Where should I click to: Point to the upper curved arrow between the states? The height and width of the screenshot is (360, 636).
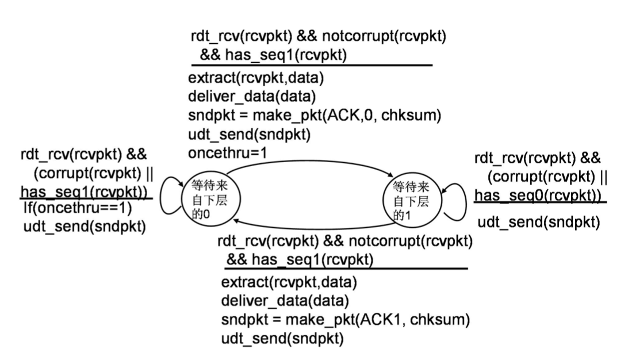(x=311, y=161)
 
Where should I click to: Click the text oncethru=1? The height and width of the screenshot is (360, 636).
(x=228, y=153)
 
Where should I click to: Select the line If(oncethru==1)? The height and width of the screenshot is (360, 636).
(x=78, y=208)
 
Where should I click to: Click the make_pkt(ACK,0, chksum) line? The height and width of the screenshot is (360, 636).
(x=315, y=115)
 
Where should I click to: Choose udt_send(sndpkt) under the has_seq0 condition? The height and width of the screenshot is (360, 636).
(x=539, y=222)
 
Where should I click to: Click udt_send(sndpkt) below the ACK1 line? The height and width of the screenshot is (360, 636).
(x=282, y=339)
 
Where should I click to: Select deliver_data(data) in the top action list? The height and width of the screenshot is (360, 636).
(x=252, y=97)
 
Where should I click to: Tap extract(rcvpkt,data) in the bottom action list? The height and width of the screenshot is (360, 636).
(x=289, y=282)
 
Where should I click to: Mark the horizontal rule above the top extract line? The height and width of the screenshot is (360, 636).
(x=312, y=65)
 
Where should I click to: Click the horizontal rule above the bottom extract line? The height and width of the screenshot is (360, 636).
(x=346, y=269)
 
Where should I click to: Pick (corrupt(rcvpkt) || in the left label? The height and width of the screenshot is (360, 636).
(x=93, y=173)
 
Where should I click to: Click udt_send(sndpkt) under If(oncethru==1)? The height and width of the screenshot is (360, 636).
(x=85, y=227)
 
